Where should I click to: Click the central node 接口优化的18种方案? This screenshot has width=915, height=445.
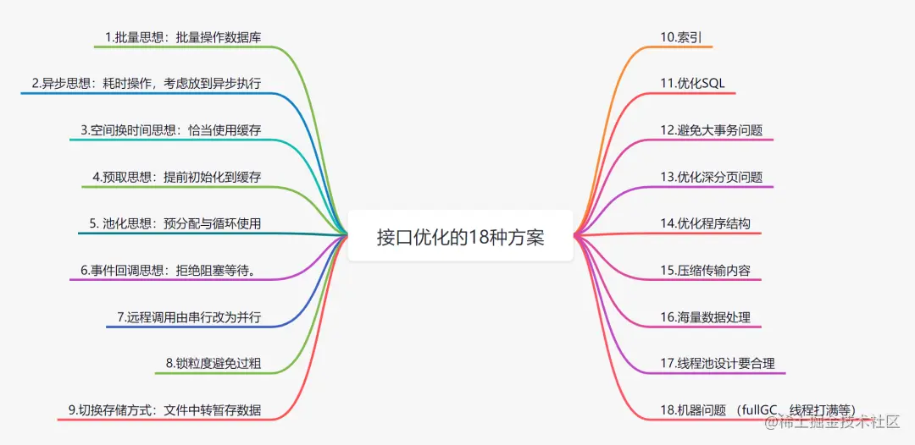460,236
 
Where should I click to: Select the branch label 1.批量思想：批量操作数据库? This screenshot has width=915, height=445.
182,36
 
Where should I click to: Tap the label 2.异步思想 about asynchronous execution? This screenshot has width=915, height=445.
146,83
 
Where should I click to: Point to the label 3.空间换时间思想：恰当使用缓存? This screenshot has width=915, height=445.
170,129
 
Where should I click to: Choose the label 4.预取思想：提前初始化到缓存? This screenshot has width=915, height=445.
176,177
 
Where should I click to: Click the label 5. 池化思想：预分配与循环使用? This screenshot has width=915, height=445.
175,223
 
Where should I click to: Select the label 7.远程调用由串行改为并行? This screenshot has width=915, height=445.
188,317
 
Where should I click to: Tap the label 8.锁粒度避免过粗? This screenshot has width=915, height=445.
213,364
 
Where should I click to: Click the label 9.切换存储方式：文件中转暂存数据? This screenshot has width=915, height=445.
164,410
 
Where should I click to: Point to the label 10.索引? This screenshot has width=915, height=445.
680,36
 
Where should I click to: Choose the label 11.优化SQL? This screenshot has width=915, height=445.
692,83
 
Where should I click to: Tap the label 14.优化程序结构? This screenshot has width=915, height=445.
705,223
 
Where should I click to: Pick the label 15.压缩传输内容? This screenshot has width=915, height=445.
705,271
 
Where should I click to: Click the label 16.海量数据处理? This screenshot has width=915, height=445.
705,317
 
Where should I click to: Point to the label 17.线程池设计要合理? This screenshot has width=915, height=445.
717,364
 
